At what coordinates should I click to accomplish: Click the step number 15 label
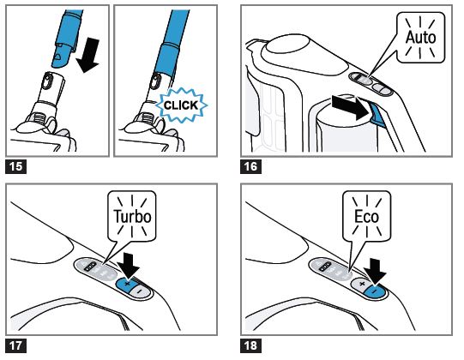tap(16, 166)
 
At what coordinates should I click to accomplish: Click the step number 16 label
tap(250, 166)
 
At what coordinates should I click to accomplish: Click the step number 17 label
tap(16, 345)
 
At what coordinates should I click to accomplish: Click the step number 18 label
tap(250, 345)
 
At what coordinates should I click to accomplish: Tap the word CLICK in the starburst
tap(181, 105)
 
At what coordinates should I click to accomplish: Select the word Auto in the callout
tap(420, 37)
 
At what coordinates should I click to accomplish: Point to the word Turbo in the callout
tap(132, 216)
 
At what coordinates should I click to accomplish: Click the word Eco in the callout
tap(366, 216)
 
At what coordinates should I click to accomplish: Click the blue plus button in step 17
tap(126, 285)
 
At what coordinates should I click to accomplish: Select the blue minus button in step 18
tap(375, 291)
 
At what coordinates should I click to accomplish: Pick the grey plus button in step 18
tap(361, 285)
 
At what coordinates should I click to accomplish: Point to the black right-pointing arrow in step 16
tap(352, 107)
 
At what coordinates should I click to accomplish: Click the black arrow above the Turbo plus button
tap(128, 266)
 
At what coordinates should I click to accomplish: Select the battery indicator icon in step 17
tap(90, 266)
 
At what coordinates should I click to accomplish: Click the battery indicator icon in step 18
tap(325, 266)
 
